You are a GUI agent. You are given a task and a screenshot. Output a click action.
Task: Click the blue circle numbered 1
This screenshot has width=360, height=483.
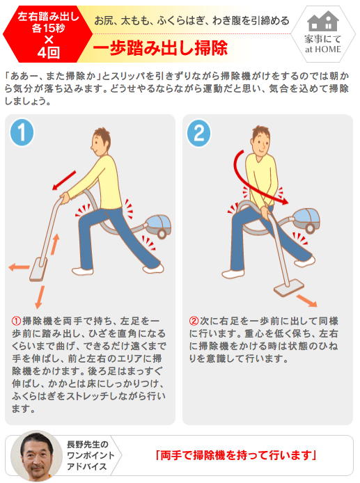[x=22, y=132]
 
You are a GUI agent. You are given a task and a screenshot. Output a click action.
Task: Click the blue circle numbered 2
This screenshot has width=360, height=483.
[x=199, y=133]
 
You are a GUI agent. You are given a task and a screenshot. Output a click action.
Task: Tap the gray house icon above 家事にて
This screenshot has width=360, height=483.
[x=322, y=22]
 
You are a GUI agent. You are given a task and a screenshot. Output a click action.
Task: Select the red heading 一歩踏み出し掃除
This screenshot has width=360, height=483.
[x=160, y=47]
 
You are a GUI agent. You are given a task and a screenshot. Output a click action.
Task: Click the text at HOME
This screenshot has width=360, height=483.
[x=323, y=49]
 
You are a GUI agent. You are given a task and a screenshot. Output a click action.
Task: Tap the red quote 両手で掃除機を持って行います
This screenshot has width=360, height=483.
[x=236, y=455]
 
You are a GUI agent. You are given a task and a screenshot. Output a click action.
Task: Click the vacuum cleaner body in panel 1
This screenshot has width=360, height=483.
[x=158, y=225]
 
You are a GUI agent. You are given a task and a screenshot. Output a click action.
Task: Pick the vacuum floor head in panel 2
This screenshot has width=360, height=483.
[x=289, y=287]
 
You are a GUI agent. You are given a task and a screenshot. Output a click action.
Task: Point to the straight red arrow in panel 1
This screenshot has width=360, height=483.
[x=64, y=180]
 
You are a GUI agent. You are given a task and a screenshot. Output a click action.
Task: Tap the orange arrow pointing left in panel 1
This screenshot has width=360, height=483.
[x=19, y=267]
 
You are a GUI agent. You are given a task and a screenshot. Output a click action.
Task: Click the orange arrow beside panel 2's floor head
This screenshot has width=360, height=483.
[x=306, y=301]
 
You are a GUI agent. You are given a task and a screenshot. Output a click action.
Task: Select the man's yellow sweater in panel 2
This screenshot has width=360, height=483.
[x=261, y=180]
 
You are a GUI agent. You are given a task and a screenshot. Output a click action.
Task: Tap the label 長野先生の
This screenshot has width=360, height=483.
[x=88, y=444]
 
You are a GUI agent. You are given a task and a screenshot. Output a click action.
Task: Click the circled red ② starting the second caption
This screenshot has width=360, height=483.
[x=194, y=321]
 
